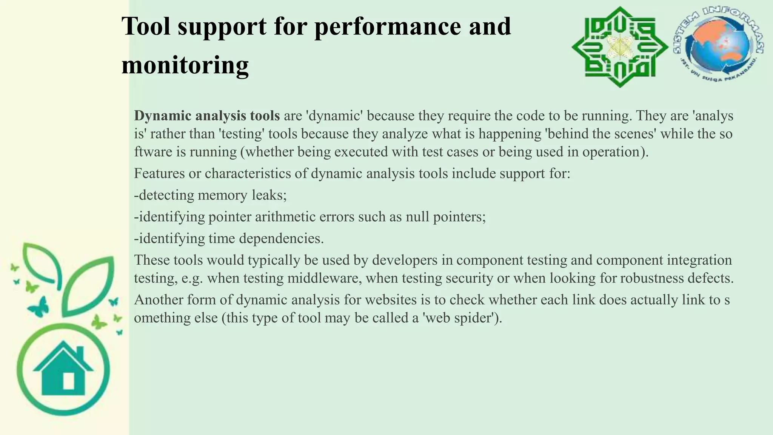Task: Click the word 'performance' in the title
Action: (388, 27)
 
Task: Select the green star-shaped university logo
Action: (619, 47)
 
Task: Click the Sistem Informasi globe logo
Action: (718, 46)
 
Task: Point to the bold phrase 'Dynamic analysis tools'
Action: (207, 116)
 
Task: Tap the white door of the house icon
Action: (68, 381)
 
